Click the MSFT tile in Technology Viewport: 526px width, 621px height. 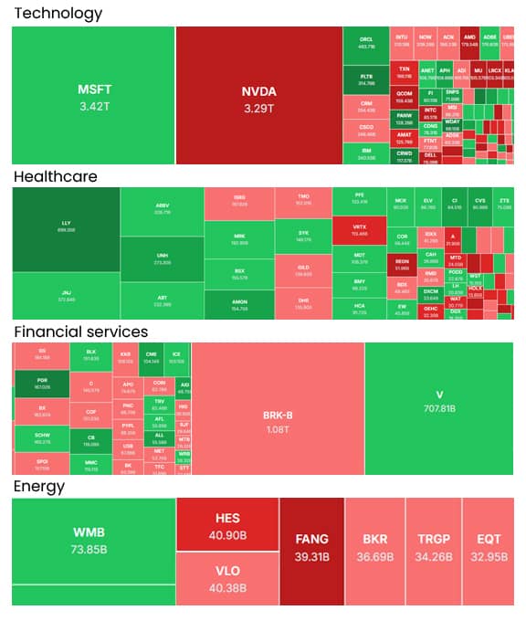pos(94,96)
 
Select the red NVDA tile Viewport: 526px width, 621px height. pos(258,96)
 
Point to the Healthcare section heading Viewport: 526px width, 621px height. pos(55,176)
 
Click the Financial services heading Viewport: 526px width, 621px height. pos(80,332)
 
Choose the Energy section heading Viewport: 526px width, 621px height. pos(38,486)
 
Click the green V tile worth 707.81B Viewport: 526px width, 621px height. pos(439,402)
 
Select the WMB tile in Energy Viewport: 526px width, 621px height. pos(94,539)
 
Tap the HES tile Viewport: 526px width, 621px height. pos(227,524)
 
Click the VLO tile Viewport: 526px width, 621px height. pos(227,577)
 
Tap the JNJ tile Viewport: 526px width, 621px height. pos(66,295)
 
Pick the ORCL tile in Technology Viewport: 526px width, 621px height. pos(366,44)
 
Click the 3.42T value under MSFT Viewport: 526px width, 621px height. pos(94,107)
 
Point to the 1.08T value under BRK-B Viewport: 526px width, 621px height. pos(278,428)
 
